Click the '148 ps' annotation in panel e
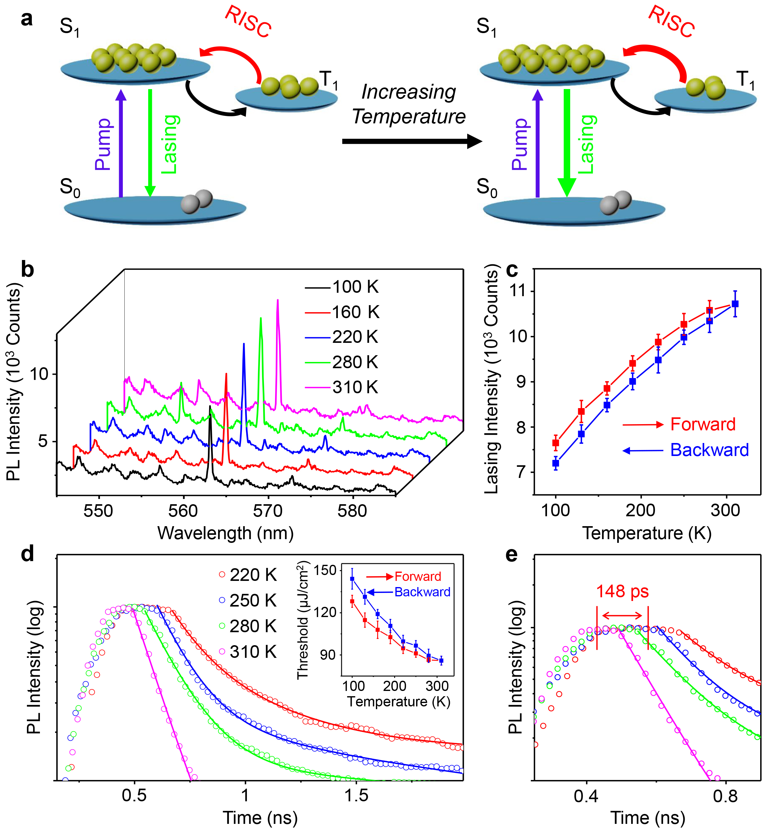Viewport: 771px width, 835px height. pyautogui.click(x=622, y=591)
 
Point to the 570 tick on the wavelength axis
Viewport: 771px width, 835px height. pyautogui.click(x=267, y=511)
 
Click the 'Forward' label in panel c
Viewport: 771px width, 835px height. pyautogui.click(x=703, y=424)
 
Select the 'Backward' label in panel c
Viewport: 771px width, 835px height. pyautogui.click(x=709, y=450)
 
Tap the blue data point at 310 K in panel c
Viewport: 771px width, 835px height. pyautogui.click(x=735, y=304)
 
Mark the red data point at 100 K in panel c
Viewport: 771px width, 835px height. pyautogui.click(x=556, y=443)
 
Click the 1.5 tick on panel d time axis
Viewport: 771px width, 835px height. pyautogui.click(x=356, y=795)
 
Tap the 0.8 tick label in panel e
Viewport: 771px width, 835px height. pyautogui.click(x=725, y=796)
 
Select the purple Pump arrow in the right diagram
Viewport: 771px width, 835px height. pyautogui.click(x=538, y=144)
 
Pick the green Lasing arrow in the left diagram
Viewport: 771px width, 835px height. pyautogui.click(x=150, y=142)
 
